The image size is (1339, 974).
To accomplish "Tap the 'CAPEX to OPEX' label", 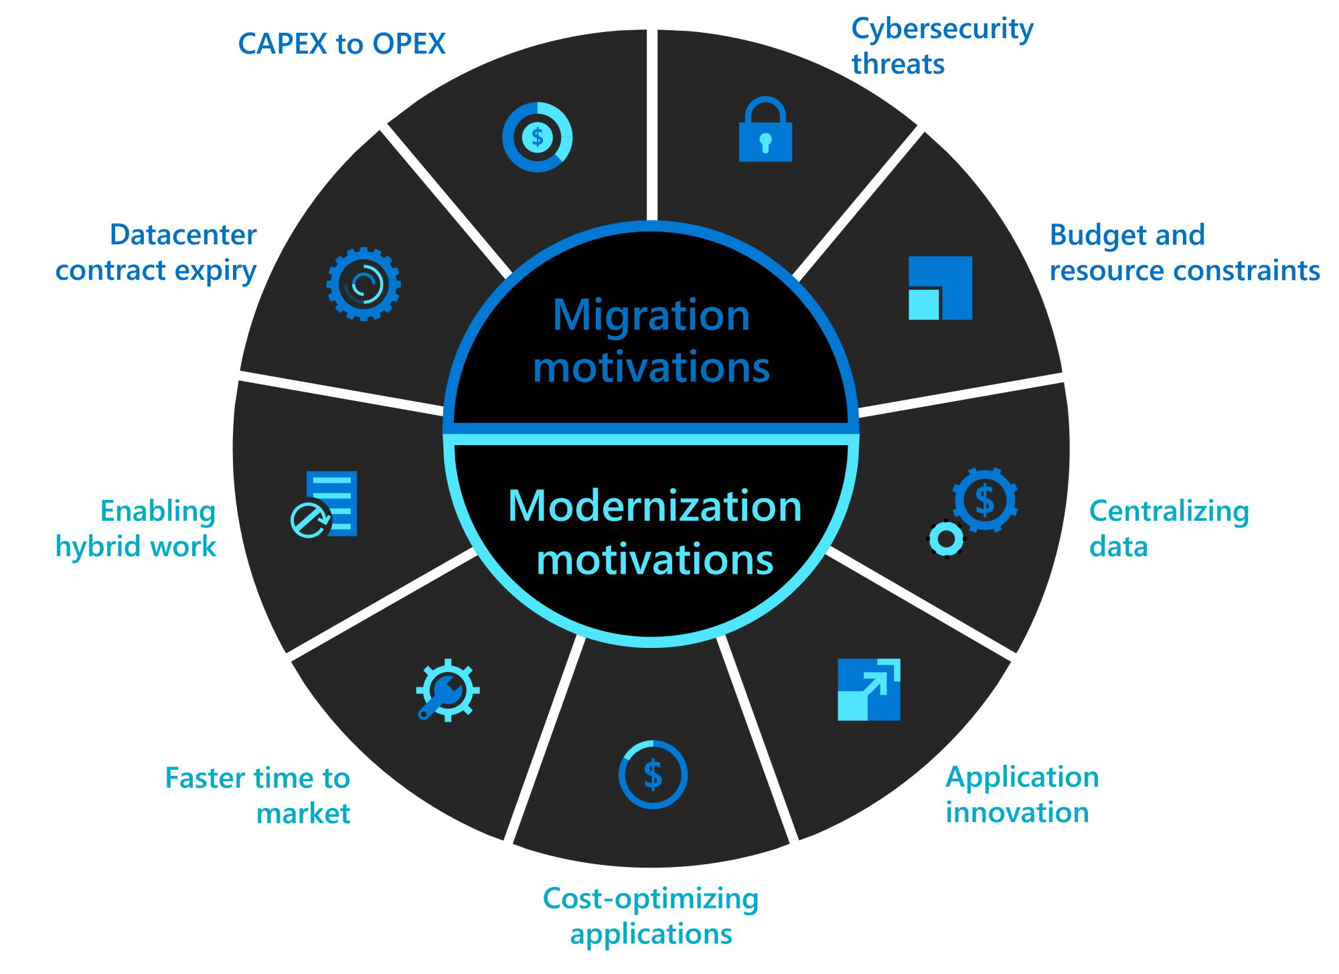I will tap(341, 44).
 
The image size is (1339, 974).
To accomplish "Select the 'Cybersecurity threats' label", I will tap(941, 46).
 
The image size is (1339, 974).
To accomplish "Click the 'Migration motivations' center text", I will tap(651, 341).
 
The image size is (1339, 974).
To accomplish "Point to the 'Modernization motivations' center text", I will tap(654, 532).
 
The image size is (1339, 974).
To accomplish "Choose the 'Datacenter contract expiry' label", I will tap(157, 252).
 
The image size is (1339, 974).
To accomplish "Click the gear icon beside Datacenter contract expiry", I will tap(364, 284).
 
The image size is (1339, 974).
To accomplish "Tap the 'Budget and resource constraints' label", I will tap(1184, 252).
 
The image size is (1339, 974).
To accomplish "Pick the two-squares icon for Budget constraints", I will tap(940, 288).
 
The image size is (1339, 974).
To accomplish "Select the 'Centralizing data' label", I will tap(1168, 529).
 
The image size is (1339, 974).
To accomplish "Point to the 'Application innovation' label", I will tap(1022, 795).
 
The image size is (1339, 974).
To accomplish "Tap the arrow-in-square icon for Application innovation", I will tap(868, 689).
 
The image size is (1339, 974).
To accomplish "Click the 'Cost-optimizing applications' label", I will tap(650, 916).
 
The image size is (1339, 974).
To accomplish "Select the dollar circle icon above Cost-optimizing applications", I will tap(653, 775).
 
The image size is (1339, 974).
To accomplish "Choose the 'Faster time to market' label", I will tap(258, 796).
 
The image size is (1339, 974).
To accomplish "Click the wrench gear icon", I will tap(447, 690).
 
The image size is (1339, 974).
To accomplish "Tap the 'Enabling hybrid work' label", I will tap(136, 529).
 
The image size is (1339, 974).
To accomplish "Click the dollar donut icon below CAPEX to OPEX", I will tap(537, 137).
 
